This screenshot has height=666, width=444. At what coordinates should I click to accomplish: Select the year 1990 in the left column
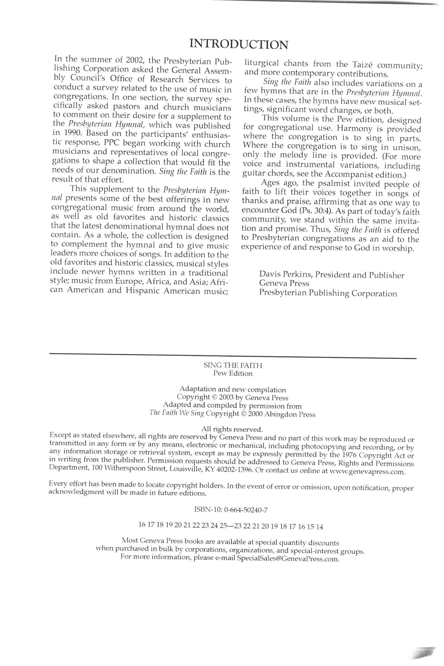click(x=67, y=132)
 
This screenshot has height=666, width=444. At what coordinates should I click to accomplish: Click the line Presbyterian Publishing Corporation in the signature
click(x=328, y=293)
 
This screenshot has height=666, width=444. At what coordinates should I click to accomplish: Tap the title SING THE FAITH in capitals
click(x=233, y=365)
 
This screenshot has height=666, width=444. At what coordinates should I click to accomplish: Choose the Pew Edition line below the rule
click(x=233, y=373)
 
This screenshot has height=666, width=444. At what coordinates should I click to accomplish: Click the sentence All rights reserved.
click(x=232, y=429)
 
